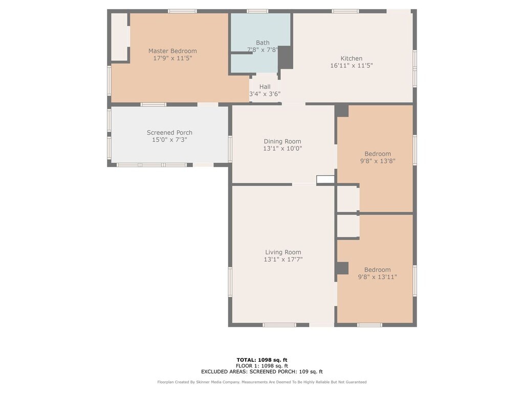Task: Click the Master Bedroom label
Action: (x=172, y=51)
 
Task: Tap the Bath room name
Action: (x=263, y=43)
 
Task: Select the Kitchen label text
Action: (x=351, y=58)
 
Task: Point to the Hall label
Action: (x=265, y=87)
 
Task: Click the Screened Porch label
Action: (x=169, y=133)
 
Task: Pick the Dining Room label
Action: (x=282, y=142)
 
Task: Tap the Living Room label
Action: (x=283, y=252)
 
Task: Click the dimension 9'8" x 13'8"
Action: (x=378, y=161)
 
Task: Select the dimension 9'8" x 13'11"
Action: (x=377, y=277)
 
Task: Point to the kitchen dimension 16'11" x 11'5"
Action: (x=351, y=66)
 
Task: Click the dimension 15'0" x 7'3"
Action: (x=169, y=140)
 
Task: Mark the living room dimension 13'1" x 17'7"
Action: (x=283, y=259)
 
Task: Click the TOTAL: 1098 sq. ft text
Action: (x=262, y=360)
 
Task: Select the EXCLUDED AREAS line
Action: (x=262, y=372)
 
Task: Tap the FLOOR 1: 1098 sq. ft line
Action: (x=262, y=366)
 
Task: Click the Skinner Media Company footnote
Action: (x=262, y=382)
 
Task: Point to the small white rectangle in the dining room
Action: (x=325, y=180)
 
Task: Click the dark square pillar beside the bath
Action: (x=286, y=58)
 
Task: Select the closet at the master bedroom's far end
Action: (x=119, y=37)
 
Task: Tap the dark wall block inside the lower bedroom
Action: (x=342, y=268)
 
